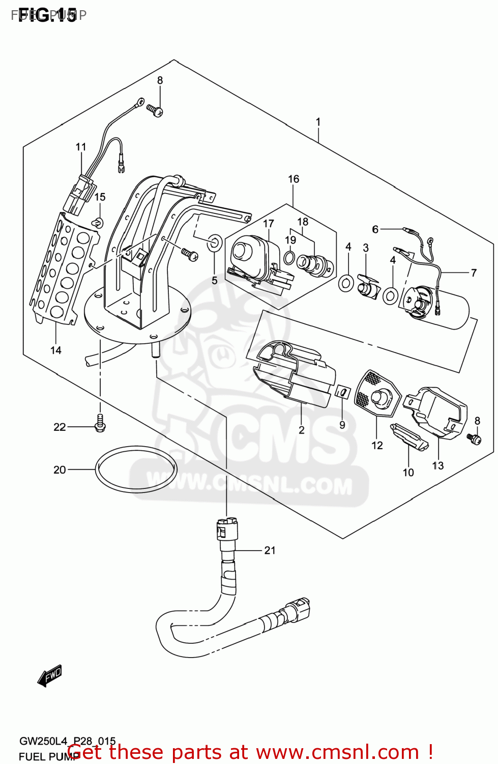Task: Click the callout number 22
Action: (60, 427)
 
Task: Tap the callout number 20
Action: (60, 470)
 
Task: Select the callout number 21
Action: (270, 550)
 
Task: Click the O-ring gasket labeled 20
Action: (136, 470)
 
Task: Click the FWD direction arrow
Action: (50, 676)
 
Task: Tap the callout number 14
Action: (56, 350)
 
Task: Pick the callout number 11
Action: (81, 147)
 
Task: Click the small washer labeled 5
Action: (214, 243)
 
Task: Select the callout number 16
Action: (294, 179)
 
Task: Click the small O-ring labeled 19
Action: (289, 257)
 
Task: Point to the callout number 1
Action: (318, 122)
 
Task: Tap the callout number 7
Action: (474, 272)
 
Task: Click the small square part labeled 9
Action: (342, 392)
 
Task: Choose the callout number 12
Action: (377, 446)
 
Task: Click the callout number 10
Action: (408, 473)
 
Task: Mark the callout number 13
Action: (438, 466)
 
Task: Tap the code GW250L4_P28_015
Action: (68, 741)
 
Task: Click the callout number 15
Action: (100, 197)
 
